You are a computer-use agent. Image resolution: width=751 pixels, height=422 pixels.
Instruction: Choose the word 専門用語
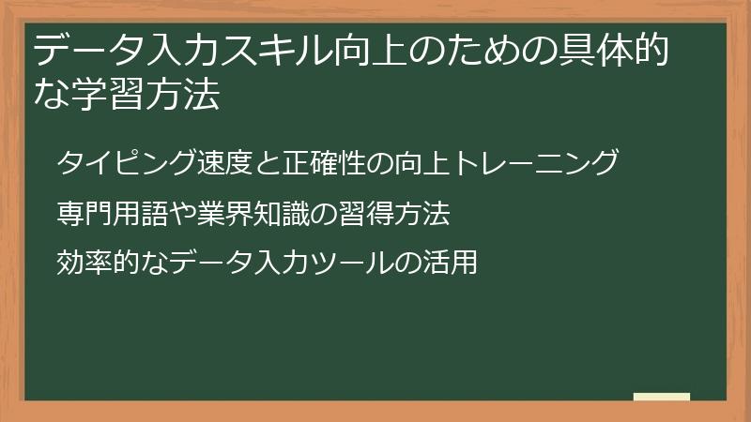[x=102, y=215]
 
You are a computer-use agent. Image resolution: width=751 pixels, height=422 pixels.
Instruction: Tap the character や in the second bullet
[x=162, y=215]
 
